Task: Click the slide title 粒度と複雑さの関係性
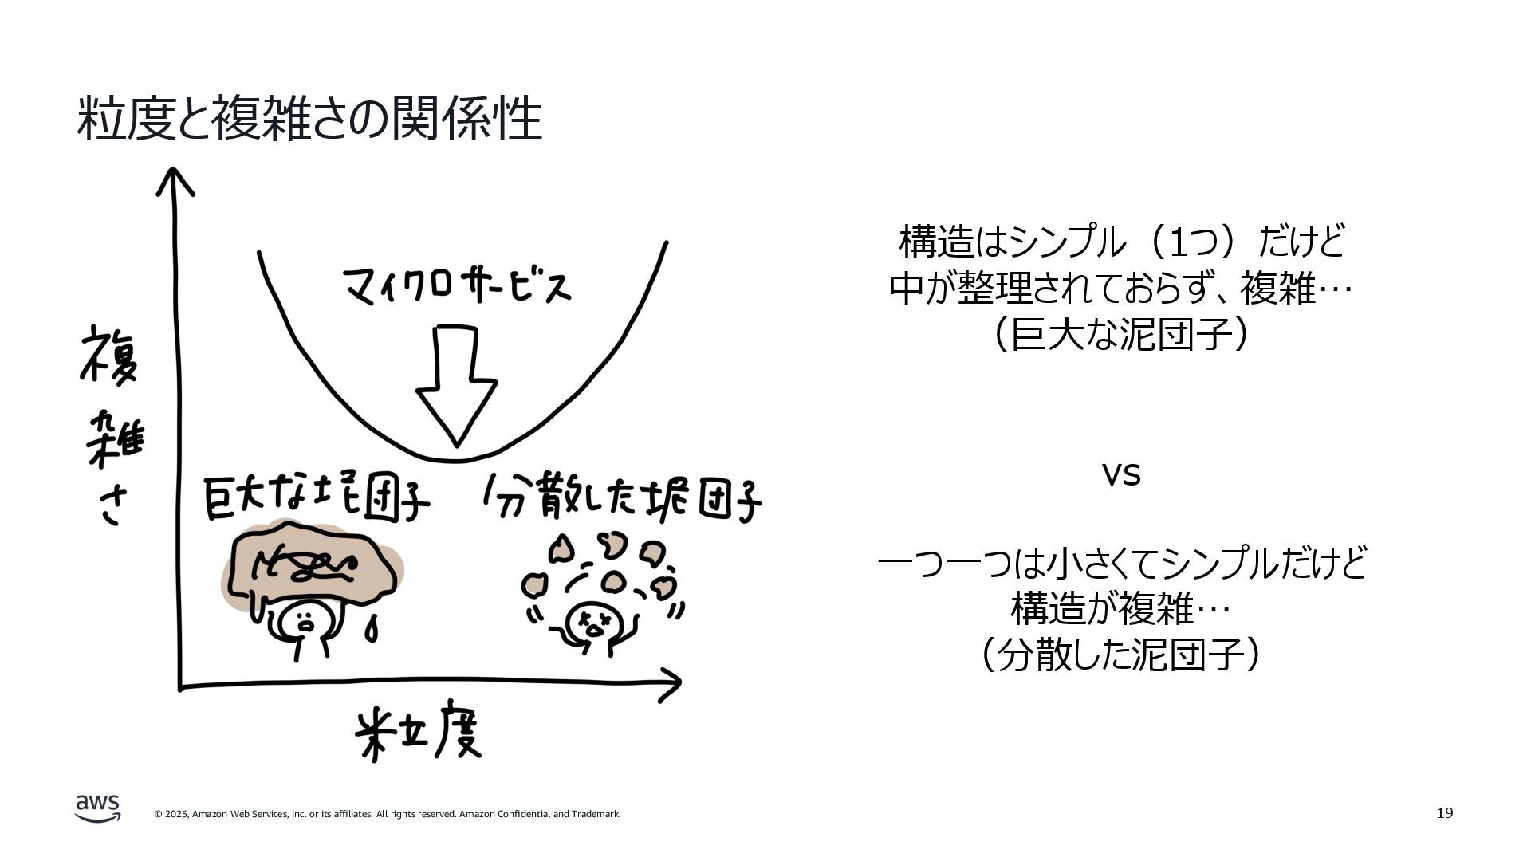309,120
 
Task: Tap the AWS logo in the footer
98,808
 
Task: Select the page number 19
1444,813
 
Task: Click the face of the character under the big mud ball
305,620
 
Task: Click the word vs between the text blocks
1121,474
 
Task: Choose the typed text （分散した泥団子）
1121,655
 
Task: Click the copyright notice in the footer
388,814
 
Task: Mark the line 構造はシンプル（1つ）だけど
1121,242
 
